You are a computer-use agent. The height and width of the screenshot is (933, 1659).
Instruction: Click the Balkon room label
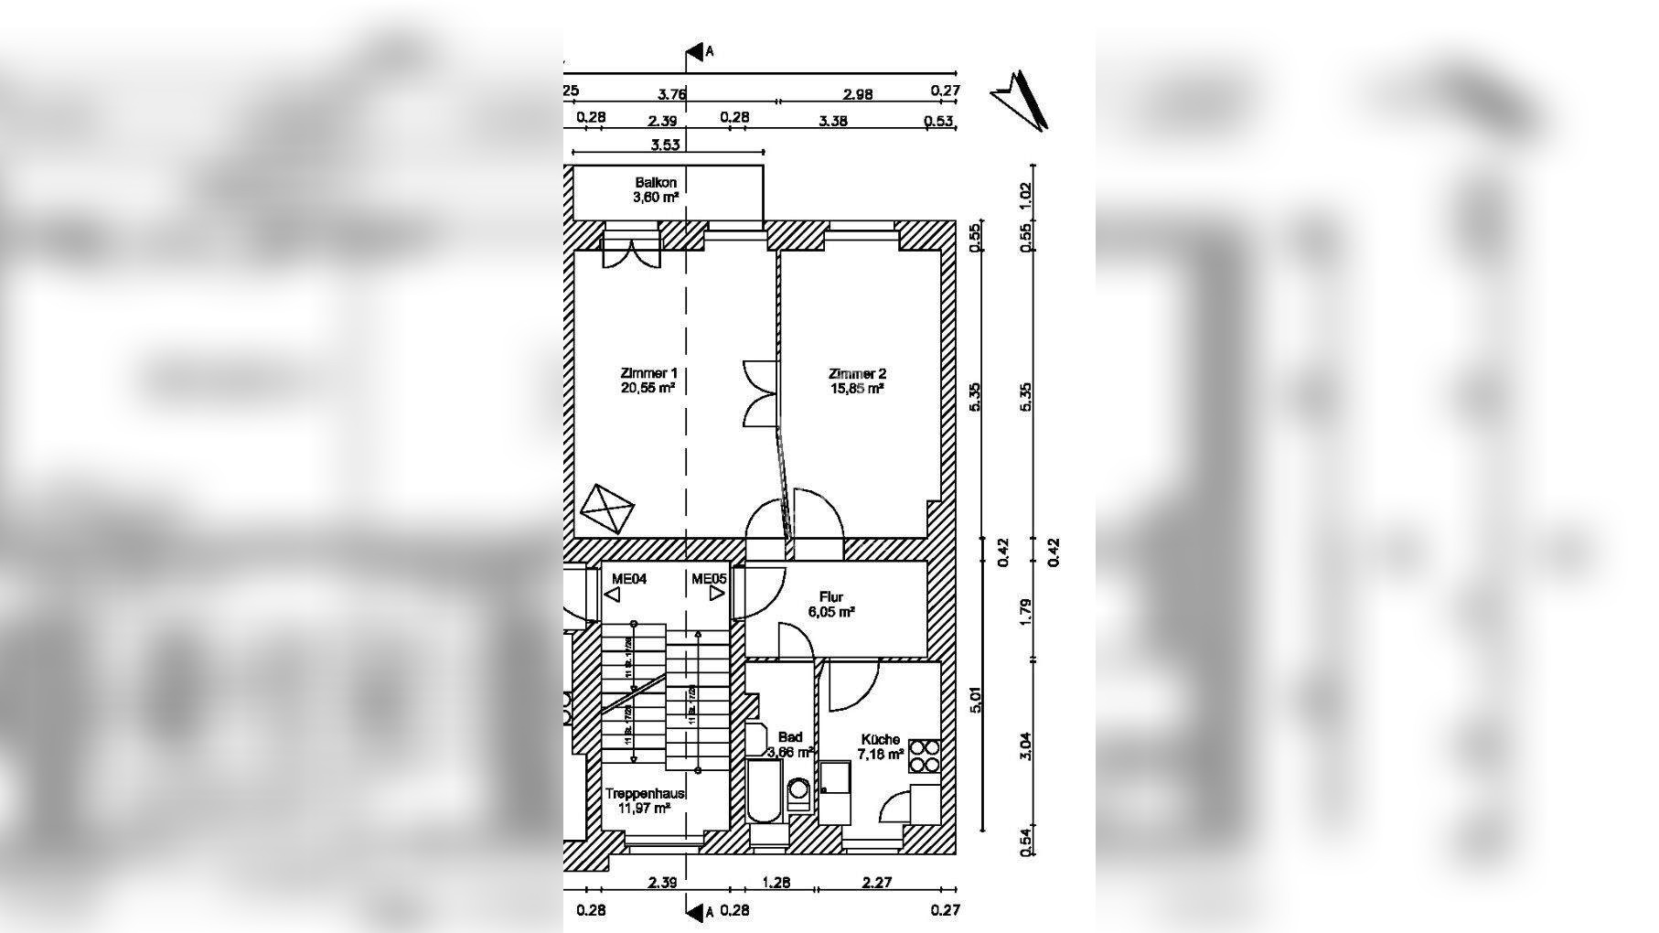656,183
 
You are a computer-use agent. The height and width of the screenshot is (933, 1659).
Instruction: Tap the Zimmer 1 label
648,373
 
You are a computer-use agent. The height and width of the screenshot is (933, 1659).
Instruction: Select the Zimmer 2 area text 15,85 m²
856,388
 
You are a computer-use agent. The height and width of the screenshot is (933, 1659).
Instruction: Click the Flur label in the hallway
831,597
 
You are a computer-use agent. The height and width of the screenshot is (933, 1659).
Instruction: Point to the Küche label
880,739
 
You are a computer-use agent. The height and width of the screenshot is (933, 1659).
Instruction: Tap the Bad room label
789,737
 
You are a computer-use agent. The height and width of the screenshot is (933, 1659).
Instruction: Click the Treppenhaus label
645,794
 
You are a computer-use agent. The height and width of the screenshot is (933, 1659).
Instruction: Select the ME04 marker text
629,578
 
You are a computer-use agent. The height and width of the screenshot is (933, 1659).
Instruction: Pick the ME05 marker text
709,578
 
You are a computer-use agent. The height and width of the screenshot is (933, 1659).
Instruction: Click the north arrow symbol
1021,99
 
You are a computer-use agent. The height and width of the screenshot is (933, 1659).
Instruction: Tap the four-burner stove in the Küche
924,758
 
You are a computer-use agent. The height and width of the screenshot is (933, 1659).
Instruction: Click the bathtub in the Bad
764,792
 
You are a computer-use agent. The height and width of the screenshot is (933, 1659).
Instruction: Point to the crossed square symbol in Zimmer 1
608,509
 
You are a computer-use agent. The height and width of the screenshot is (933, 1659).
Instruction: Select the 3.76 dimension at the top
672,93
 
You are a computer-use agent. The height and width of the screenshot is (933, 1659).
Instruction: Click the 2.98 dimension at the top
858,93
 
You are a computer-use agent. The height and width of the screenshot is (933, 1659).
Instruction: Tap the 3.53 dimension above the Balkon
665,145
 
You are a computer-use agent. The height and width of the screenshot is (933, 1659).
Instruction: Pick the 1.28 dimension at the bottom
776,883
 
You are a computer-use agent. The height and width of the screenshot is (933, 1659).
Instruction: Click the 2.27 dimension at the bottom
876,883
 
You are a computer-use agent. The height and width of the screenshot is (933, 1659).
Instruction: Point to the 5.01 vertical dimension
977,699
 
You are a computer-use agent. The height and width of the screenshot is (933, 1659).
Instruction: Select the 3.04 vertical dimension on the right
1025,745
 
